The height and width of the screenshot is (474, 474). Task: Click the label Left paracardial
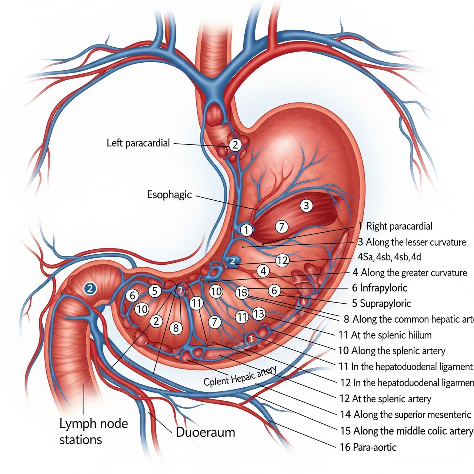click(x=138, y=143)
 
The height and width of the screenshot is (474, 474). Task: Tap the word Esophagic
click(x=169, y=194)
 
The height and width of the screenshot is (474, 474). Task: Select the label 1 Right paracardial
click(x=395, y=226)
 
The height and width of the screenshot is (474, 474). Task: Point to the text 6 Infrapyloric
click(x=380, y=288)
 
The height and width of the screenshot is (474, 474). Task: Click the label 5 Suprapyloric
click(x=381, y=304)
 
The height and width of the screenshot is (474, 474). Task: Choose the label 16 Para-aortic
click(x=368, y=447)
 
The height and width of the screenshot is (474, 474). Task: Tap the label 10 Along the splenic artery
click(x=392, y=350)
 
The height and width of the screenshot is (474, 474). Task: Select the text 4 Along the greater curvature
click(x=410, y=273)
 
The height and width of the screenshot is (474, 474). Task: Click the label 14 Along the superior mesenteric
click(x=405, y=414)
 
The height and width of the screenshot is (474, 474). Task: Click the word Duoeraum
click(x=205, y=432)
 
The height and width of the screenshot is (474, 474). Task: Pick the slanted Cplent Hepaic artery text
click(x=240, y=376)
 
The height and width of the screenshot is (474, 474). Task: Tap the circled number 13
click(x=259, y=314)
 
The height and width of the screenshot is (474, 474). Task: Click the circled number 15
click(x=242, y=293)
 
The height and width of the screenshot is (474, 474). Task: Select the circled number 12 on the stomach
click(x=282, y=260)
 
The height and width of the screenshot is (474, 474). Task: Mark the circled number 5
click(x=155, y=291)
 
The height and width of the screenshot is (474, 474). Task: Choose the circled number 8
click(x=176, y=328)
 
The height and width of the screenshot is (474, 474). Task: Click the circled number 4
click(x=263, y=271)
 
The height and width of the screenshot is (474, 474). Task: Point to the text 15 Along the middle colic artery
click(x=407, y=431)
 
